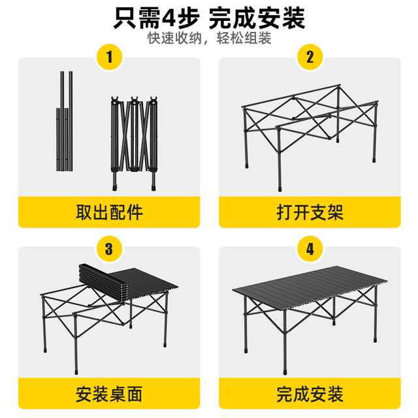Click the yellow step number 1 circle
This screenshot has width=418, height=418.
(109, 57)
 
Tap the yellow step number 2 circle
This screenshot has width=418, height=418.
(310, 57)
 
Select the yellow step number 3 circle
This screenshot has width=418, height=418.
(109, 249)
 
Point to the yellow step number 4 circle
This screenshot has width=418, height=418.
(310, 249)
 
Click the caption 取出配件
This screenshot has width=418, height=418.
(109, 212)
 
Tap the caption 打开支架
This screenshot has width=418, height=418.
(310, 212)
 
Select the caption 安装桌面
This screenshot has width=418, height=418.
(109, 394)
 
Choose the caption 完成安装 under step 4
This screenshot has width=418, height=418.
(310, 394)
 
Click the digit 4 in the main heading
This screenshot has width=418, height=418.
(170, 18)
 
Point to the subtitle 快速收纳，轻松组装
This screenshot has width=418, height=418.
(209, 38)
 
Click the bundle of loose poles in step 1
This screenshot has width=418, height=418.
(64, 121)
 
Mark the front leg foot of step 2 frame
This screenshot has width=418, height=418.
(280, 189)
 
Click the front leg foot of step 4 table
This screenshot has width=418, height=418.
(285, 372)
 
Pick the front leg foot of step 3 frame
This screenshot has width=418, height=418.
(76, 372)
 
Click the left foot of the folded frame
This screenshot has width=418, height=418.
(115, 187)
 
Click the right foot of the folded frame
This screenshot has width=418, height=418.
(153, 187)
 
